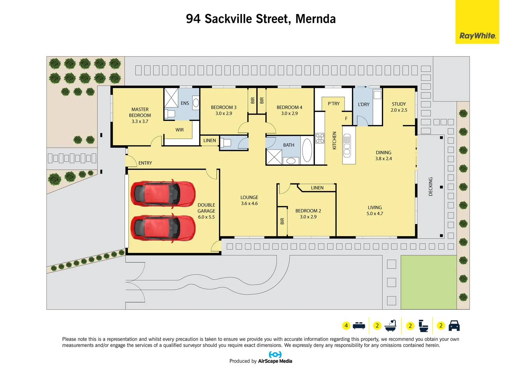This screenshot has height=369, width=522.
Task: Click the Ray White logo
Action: coord(477,36)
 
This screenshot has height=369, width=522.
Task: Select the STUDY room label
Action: coord(399,104)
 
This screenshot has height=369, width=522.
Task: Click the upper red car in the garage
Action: coord(163,193)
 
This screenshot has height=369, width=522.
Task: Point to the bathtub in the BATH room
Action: coord(307,150)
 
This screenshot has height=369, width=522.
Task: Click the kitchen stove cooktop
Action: coord(320,138)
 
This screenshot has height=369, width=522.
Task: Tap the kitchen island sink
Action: coord(347,146)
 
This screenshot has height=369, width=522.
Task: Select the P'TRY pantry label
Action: coord(334,104)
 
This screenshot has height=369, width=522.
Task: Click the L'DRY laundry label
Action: coord(364,104)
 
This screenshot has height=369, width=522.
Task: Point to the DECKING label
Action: coord(431,187)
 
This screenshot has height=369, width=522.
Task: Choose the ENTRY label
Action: coord(145,163)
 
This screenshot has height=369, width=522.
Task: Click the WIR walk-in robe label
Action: coord(180,130)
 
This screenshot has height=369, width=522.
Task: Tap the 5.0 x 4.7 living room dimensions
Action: coord(375,214)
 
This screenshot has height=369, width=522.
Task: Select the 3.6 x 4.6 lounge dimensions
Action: coord(249,203)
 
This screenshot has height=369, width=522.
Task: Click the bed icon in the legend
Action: coord(359,326)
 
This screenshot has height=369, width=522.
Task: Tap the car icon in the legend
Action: coord(454,326)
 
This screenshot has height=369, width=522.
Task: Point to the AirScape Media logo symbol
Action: coord(275,355)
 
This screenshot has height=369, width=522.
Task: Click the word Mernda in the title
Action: coord(315,19)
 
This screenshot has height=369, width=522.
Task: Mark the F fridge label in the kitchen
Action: coord(346,119)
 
